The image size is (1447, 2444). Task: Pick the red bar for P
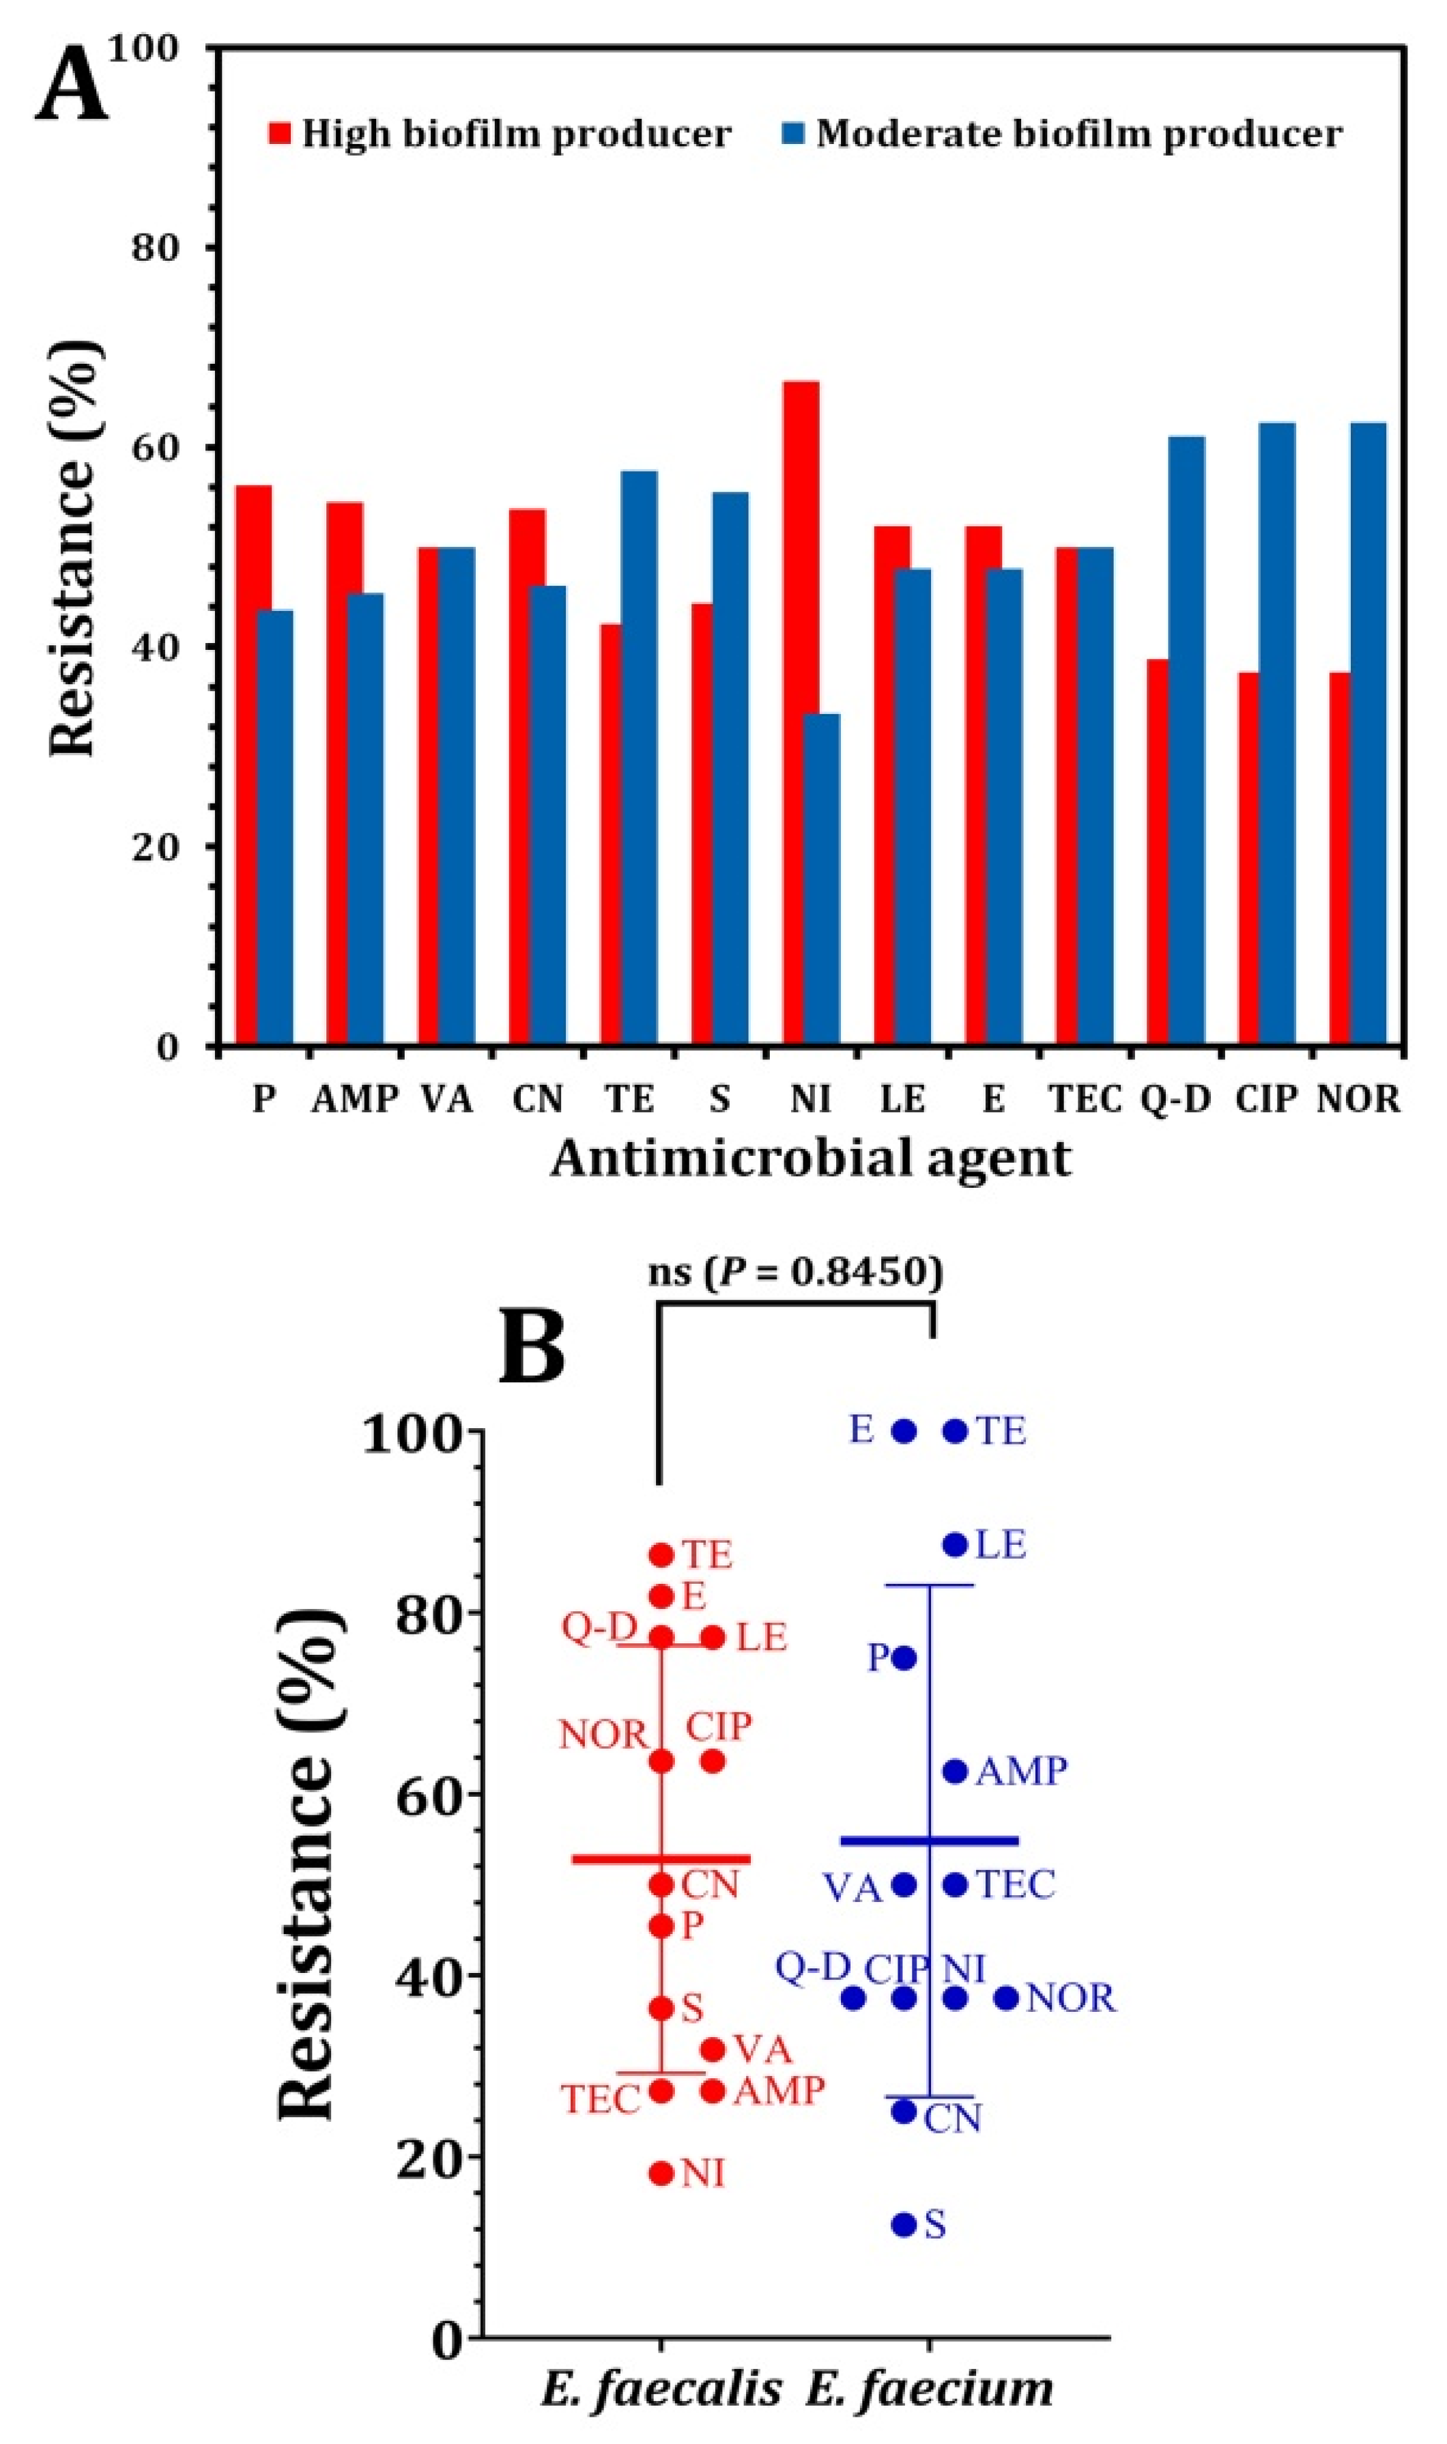253,765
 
